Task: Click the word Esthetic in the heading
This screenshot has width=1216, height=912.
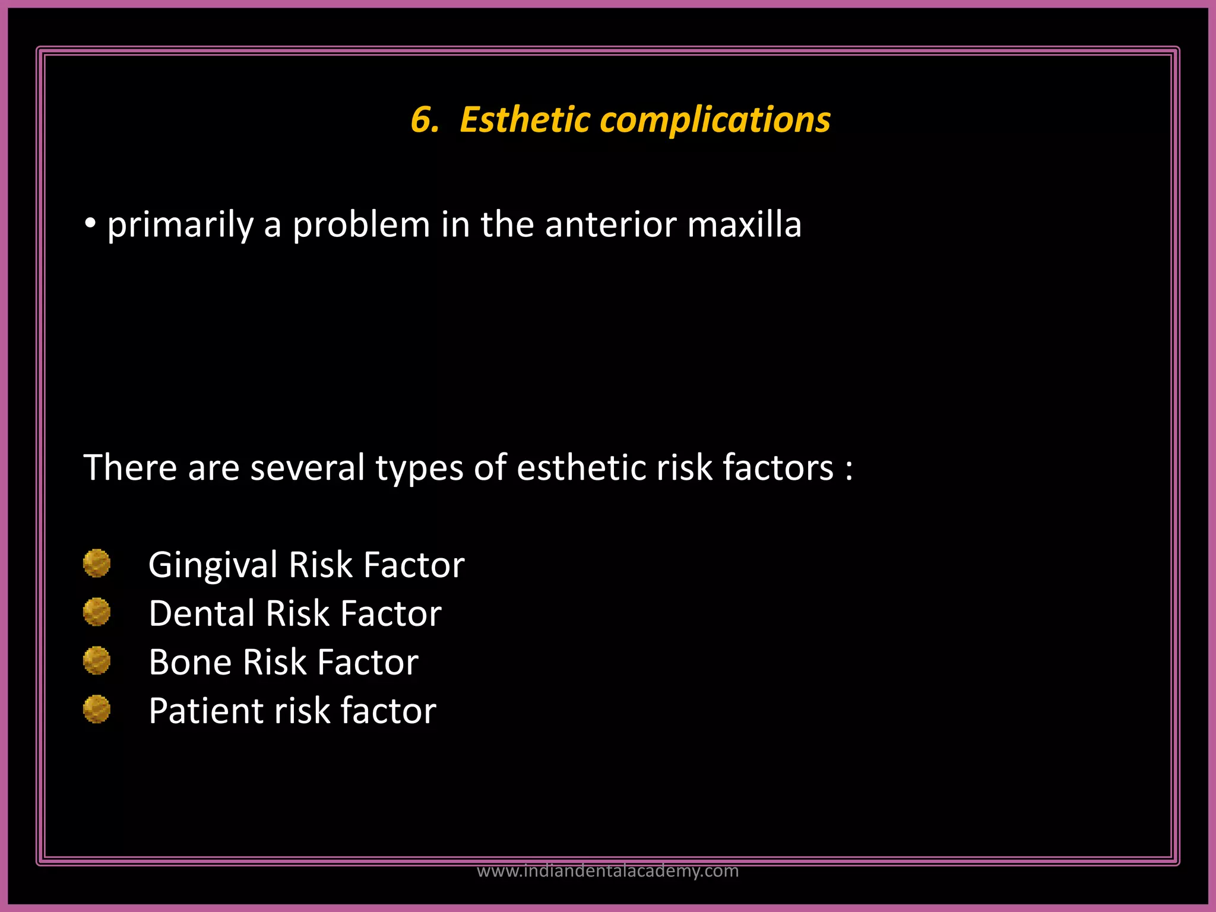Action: pyautogui.click(x=525, y=119)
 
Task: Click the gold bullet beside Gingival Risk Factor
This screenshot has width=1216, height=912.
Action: pyautogui.click(x=97, y=563)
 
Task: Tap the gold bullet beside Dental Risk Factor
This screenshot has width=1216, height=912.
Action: pyautogui.click(x=97, y=612)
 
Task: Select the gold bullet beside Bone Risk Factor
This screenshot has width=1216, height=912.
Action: pyautogui.click(x=97, y=660)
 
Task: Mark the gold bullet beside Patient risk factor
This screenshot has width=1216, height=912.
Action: pyautogui.click(x=97, y=709)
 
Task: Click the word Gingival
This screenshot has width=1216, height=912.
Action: pyautogui.click(x=213, y=565)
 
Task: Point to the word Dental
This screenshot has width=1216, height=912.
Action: pyautogui.click(x=201, y=613)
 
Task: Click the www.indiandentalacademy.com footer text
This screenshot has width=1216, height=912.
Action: pyautogui.click(x=607, y=871)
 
